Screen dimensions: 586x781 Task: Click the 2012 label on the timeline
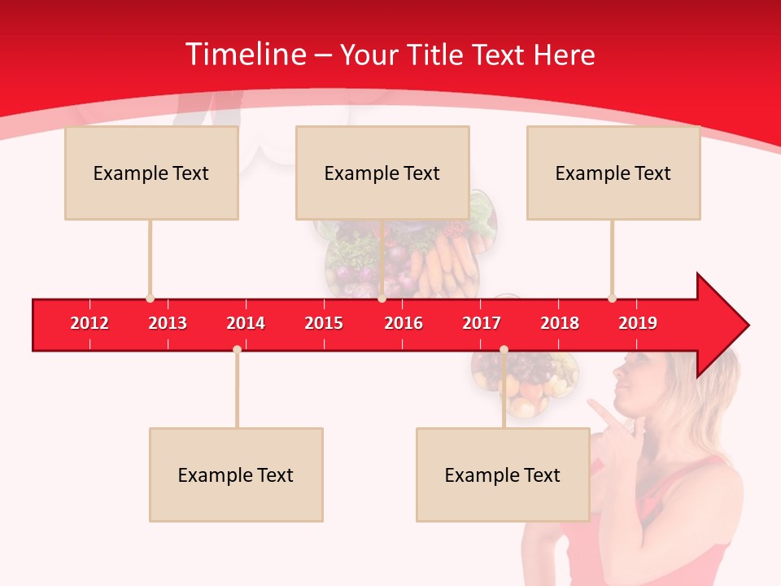[x=89, y=323]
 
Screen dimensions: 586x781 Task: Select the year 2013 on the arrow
[x=168, y=323]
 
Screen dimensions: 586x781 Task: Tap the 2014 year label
[x=246, y=323]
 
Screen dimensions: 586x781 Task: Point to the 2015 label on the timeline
[x=324, y=323]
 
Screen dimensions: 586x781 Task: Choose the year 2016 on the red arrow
[x=404, y=323]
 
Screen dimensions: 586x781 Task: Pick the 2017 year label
[x=482, y=323]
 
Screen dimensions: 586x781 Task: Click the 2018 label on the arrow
[x=560, y=323]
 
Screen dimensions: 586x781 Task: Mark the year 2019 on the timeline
[x=638, y=323]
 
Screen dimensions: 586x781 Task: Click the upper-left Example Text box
[x=151, y=173]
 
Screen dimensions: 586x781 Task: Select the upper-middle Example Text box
[x=382, y=173]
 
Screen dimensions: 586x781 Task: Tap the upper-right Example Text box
[x=613, y=173]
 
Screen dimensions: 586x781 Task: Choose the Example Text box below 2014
[x=236, y=474]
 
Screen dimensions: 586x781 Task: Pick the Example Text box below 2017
[x=503, y=474]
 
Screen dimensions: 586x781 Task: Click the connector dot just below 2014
[x=237, y=349]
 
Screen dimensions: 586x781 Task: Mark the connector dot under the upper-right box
[x=612, y=298]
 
